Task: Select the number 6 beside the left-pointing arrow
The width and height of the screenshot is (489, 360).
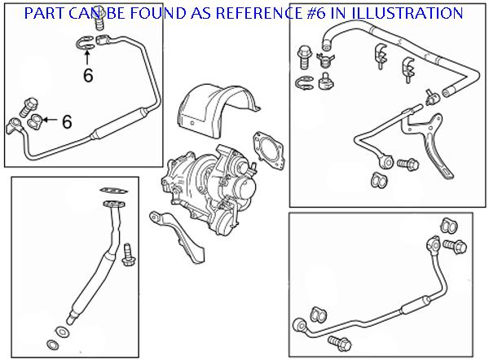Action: click(67, 121)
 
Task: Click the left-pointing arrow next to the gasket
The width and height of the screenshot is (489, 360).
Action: click(51, 121)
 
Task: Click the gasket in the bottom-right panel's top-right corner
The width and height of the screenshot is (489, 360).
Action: click(445, 225)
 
